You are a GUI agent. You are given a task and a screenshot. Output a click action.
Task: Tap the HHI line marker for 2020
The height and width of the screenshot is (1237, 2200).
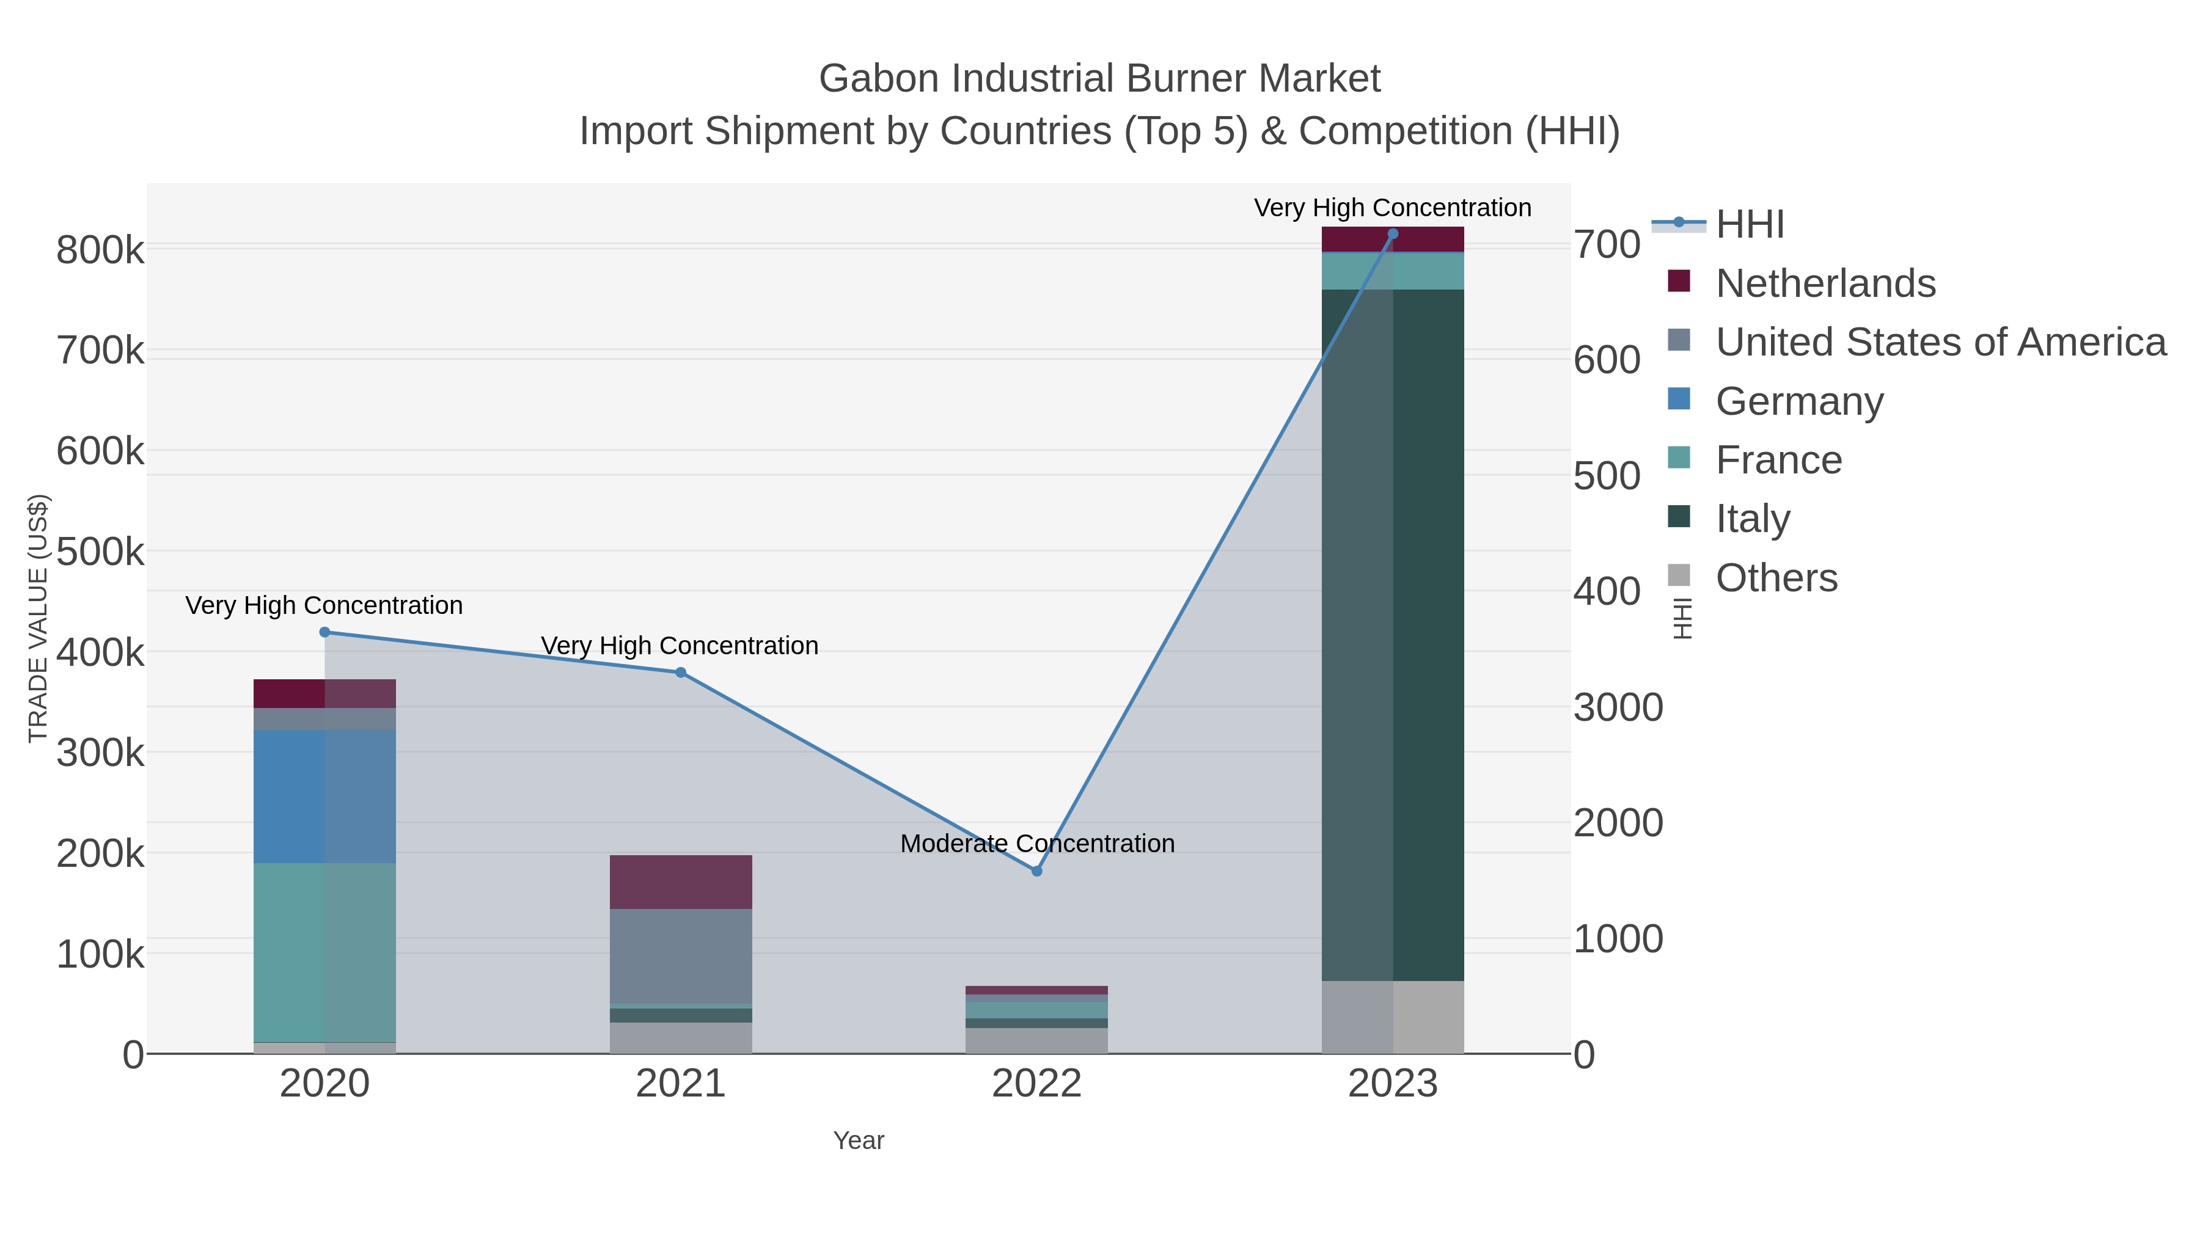click(x=324, y=633)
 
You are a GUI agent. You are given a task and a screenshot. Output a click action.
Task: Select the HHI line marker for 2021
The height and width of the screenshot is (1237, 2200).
click(x=681, y=673)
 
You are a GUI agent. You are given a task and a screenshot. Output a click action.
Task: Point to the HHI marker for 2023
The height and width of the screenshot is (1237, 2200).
click(x=1393, y=234)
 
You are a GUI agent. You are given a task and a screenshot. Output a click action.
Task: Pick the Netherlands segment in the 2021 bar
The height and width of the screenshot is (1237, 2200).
click(x=681, y=882)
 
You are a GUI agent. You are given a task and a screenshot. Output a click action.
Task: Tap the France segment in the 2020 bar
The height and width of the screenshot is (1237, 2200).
click(x=324, y=952)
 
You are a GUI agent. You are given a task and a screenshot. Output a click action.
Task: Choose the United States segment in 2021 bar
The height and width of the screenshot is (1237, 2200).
click(x=681, y=956)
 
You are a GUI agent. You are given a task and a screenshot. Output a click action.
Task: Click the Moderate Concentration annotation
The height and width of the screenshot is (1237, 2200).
click(x=1037, y=844)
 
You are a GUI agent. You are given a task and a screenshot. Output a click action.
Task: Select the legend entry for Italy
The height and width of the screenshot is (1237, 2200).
click(x=1751, y=519)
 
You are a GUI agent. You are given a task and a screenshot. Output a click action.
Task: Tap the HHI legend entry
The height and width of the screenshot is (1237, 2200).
click(x=1749, y=225)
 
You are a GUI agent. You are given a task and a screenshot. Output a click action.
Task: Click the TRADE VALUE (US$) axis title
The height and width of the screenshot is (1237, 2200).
click(x=37, y=618)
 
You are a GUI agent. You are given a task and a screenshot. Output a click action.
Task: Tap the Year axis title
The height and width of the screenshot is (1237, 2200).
click(x=859, y=1140)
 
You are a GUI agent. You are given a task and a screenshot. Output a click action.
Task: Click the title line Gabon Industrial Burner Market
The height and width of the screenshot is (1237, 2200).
click(x=1099, y=79)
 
